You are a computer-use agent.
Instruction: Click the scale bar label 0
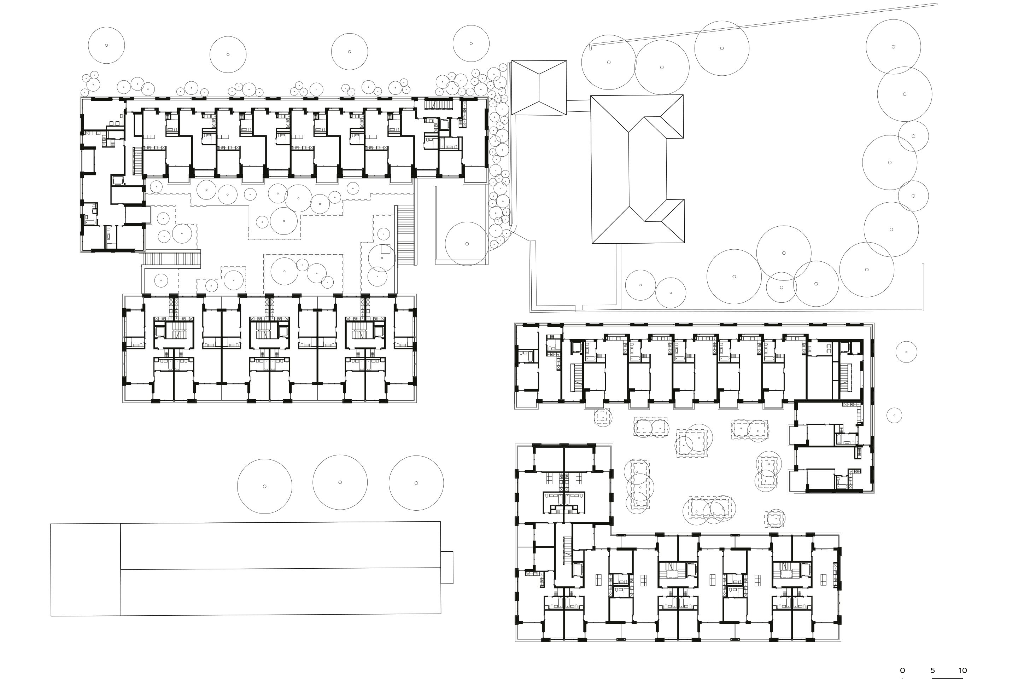tap(902, 671)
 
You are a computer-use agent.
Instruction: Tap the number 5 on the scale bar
tap(932, 671)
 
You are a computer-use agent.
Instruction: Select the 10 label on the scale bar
tap(962, 671)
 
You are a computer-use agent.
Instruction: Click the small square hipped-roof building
tap(539, 87)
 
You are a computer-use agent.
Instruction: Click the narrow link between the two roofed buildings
tap(578, 106)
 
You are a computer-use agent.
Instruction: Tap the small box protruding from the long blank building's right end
tap(447, 567)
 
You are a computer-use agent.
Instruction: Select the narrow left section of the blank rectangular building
tap(85, 569)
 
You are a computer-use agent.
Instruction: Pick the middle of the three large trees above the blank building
tap(340, 482)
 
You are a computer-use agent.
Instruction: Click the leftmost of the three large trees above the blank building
tap(264, 486)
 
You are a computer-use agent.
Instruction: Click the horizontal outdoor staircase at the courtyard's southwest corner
tap(171, 259)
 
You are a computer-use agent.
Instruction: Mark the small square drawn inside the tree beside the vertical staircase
tap(385, 249)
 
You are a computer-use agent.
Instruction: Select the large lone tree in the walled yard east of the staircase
tap(467, 243)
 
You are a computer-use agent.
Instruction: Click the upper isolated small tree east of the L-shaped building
tap(906, 352)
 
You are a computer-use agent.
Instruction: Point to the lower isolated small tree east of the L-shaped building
tap(894, 415)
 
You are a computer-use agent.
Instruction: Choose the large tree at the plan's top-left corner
tap(106, 45)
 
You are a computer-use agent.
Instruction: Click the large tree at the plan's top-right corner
tap(893, 46)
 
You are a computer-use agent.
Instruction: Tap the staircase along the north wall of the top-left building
tap(438, 104)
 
